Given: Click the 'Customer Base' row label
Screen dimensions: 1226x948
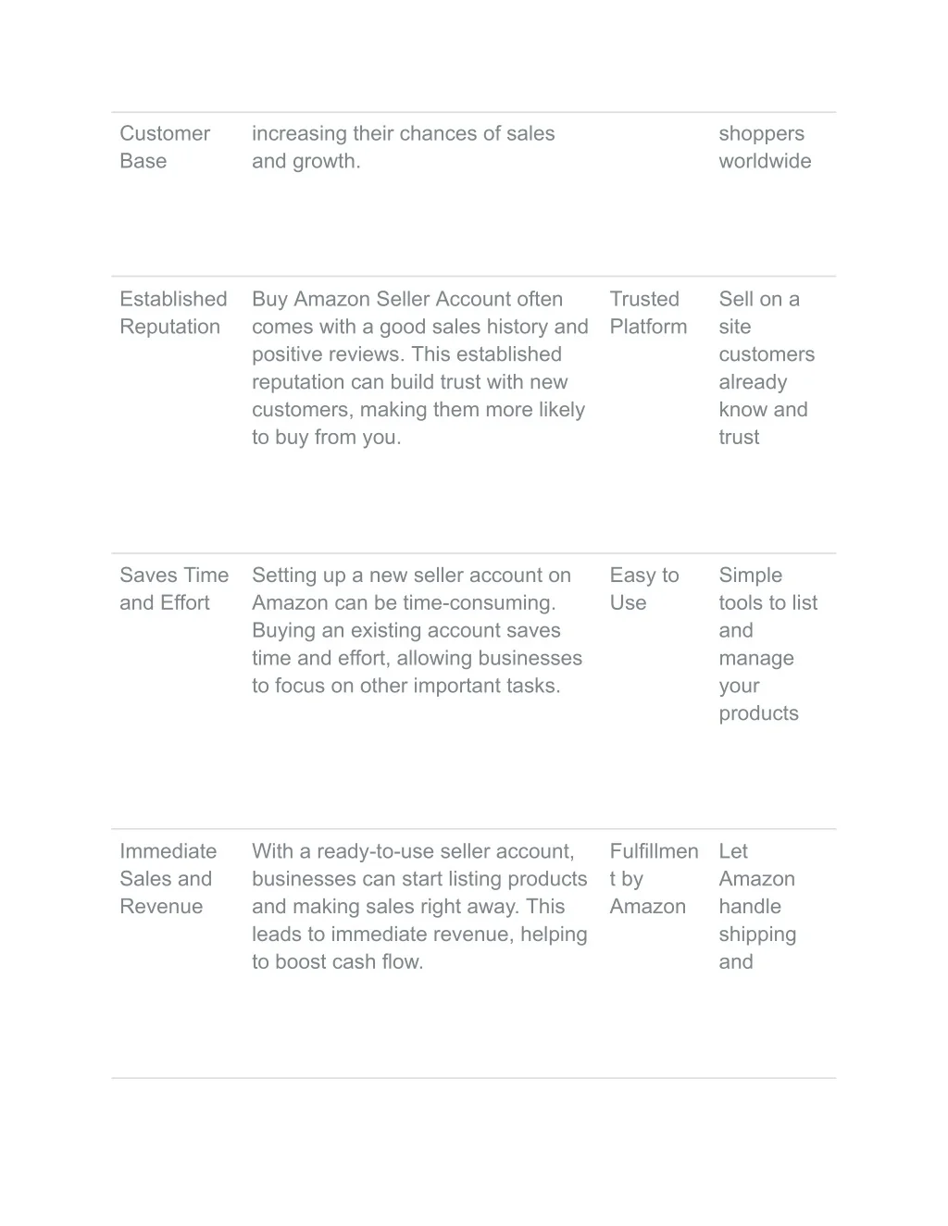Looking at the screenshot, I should click(x=164, y=147).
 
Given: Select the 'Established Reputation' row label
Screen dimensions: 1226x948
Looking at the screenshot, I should click(x=173, y=313).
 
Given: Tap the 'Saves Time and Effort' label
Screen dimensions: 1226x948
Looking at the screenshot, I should click(x=173, y=588).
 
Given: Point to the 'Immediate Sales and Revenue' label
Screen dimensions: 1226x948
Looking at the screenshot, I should click(x=168, y=878).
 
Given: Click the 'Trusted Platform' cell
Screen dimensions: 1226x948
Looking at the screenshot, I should click(x=648, y=313).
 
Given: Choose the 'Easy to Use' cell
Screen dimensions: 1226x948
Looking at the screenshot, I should click(x=643, y=588).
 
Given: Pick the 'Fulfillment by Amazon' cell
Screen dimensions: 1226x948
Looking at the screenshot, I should click(x=653, y=878).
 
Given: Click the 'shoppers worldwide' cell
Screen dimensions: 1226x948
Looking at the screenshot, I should click(x=764, y=147).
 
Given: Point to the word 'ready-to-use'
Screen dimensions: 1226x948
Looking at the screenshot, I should click(x=376, y=851).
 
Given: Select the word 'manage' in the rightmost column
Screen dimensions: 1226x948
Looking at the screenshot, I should click(x=755, y=659).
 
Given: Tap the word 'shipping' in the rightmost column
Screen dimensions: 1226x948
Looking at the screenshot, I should click(x=756, y=935).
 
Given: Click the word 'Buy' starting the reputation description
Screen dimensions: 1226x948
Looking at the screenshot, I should click(x=269, y=299).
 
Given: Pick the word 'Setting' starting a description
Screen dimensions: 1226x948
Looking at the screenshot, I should click(x=284, y=576).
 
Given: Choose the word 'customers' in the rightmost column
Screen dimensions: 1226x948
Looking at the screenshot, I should click(x=766, y=354).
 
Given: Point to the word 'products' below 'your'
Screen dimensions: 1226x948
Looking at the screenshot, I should click(x=758, y=713).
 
